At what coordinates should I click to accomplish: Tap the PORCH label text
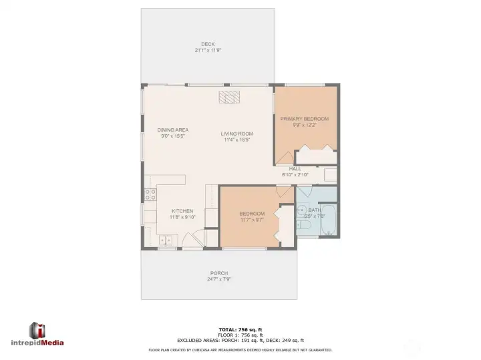click(218, 273)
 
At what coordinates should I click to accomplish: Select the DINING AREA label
click(172, 130)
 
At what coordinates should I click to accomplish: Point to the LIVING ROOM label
click(237, 134)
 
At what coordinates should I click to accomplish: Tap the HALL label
click(295, 169)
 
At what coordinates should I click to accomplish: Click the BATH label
click(315, 210)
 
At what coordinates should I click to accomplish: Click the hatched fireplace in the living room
click(228, 98)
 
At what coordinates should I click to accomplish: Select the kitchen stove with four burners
click(151, 195)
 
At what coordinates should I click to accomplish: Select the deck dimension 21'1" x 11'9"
click(208, 50)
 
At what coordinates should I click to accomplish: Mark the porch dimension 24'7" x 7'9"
click(218, 279)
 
